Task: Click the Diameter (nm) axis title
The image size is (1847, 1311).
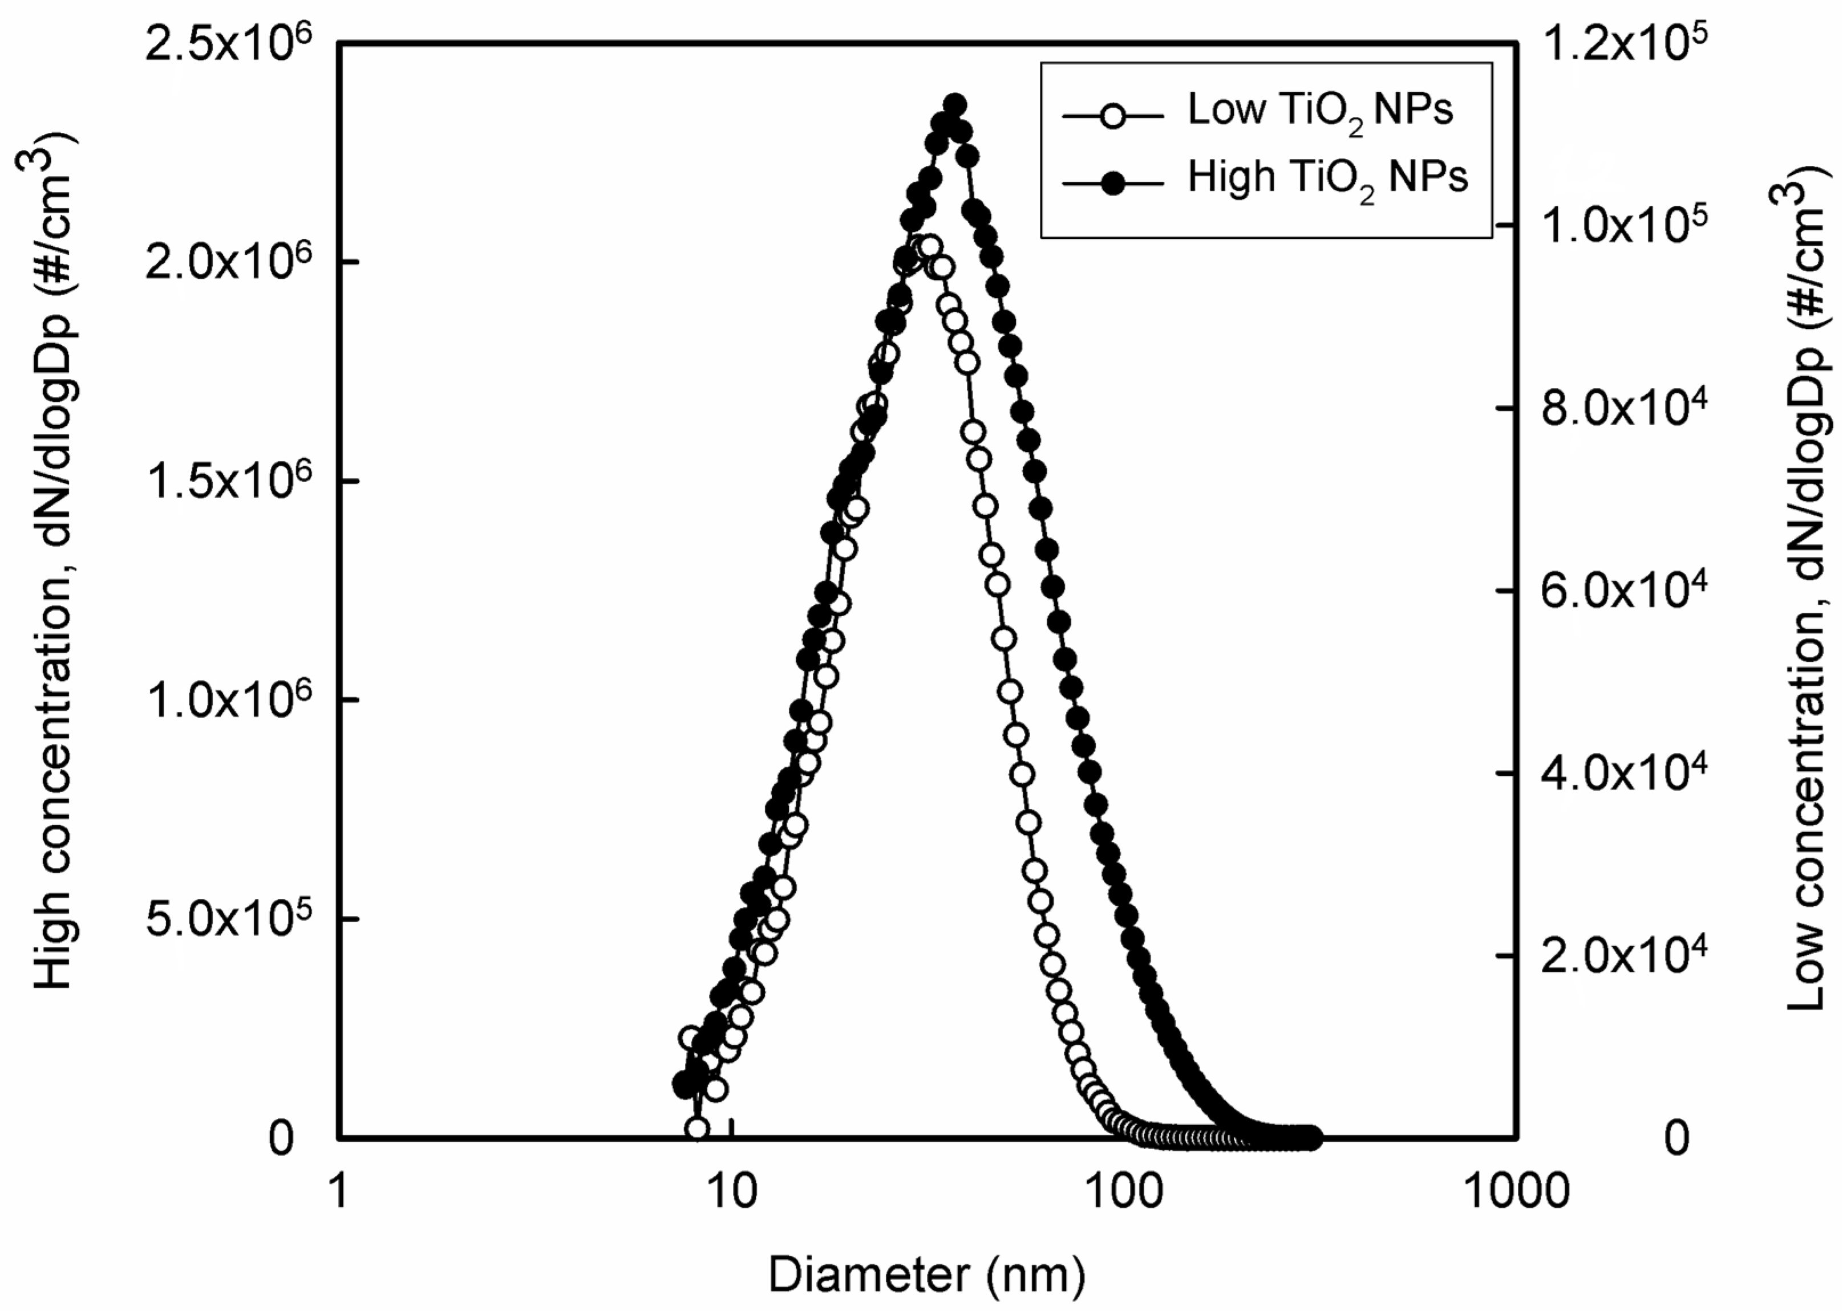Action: coord(926,1276)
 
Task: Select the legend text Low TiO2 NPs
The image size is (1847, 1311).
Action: coord(1319,111)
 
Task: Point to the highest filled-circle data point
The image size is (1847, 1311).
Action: coord(955,105)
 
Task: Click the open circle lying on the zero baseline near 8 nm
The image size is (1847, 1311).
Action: coord(696,1129)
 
